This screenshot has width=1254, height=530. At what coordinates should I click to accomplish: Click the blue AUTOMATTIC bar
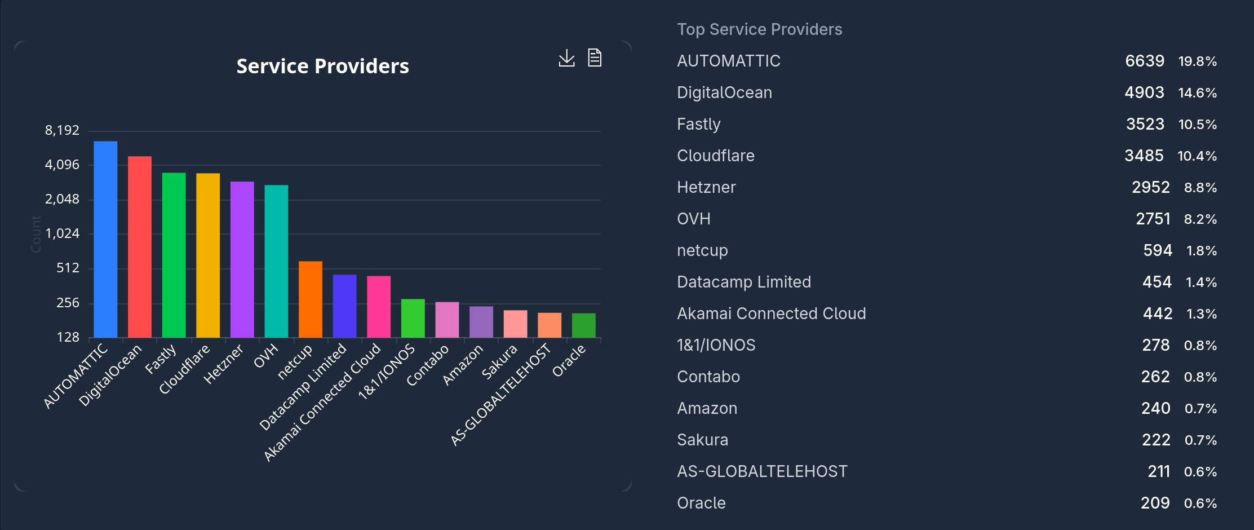pos(105,239)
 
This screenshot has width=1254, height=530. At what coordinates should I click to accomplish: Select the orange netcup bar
pos(311,299)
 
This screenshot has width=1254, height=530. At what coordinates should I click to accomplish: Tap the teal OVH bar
pos(276,261)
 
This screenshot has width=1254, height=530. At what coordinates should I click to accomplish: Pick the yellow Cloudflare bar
pos(208,255)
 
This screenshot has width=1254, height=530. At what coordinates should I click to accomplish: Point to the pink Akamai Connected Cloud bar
pos(379,307)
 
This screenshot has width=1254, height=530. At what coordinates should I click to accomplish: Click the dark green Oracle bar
pos(584,325)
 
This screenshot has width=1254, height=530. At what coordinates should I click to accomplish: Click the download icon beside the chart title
pos(566,58)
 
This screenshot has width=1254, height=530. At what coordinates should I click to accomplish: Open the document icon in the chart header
pos(595,58)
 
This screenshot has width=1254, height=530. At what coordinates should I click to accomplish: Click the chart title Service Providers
pos(322,67)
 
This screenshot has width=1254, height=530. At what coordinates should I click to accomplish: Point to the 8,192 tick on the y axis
pos(63,130)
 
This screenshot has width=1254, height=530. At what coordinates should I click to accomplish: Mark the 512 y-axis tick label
pos(68,268)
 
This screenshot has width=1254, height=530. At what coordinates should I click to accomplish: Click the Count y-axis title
pos(36,233)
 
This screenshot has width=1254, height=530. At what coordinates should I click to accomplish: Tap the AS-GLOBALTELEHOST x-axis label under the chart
pos(501,395)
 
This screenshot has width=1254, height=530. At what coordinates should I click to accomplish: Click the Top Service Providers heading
pos(759,29)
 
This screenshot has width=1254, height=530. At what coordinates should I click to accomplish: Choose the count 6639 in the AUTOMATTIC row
pos(1144,61)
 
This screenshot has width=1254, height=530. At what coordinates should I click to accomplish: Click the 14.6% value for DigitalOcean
pos(1197,92)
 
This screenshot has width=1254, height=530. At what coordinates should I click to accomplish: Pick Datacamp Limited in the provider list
pos(744,282)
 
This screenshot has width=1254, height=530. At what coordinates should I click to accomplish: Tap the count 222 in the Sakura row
pos(1156,440)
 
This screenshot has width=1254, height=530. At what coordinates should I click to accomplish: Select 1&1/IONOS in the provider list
pos(716,345)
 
